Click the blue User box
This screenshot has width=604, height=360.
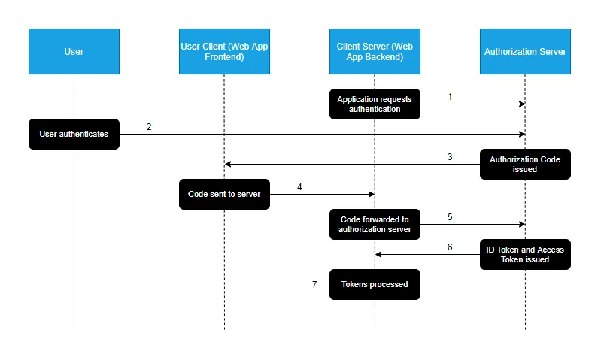tap(74, 52)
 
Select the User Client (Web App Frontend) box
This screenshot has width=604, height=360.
tap(224, 52)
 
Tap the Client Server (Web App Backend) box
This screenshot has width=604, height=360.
tap(375, 52)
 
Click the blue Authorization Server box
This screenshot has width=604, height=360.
tap(525, 52)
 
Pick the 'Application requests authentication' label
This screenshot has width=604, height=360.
tap(375, 104)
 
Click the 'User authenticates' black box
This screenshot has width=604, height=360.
tap(74, 135)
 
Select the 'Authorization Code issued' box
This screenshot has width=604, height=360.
tap(525, 165)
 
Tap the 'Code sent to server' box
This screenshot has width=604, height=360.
tap(224, 194)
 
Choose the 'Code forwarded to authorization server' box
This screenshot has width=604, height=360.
tap(375, 225)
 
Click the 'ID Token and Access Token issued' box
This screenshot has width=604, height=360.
tap(525, 255)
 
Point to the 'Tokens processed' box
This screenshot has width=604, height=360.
tap(375, 285)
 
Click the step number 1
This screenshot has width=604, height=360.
tap(450, 97)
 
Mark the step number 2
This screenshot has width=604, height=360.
tap(149, 127)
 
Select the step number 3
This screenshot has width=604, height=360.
tap(450, 157)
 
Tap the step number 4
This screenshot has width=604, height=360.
tap(299, 187)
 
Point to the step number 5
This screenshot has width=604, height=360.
tap(450, 217)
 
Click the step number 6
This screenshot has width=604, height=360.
tap(450, 247)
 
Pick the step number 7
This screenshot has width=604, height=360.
tap(314, 285)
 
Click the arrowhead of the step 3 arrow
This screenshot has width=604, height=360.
tap(228, 165)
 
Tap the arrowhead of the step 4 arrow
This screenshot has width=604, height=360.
tap(372, 195)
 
